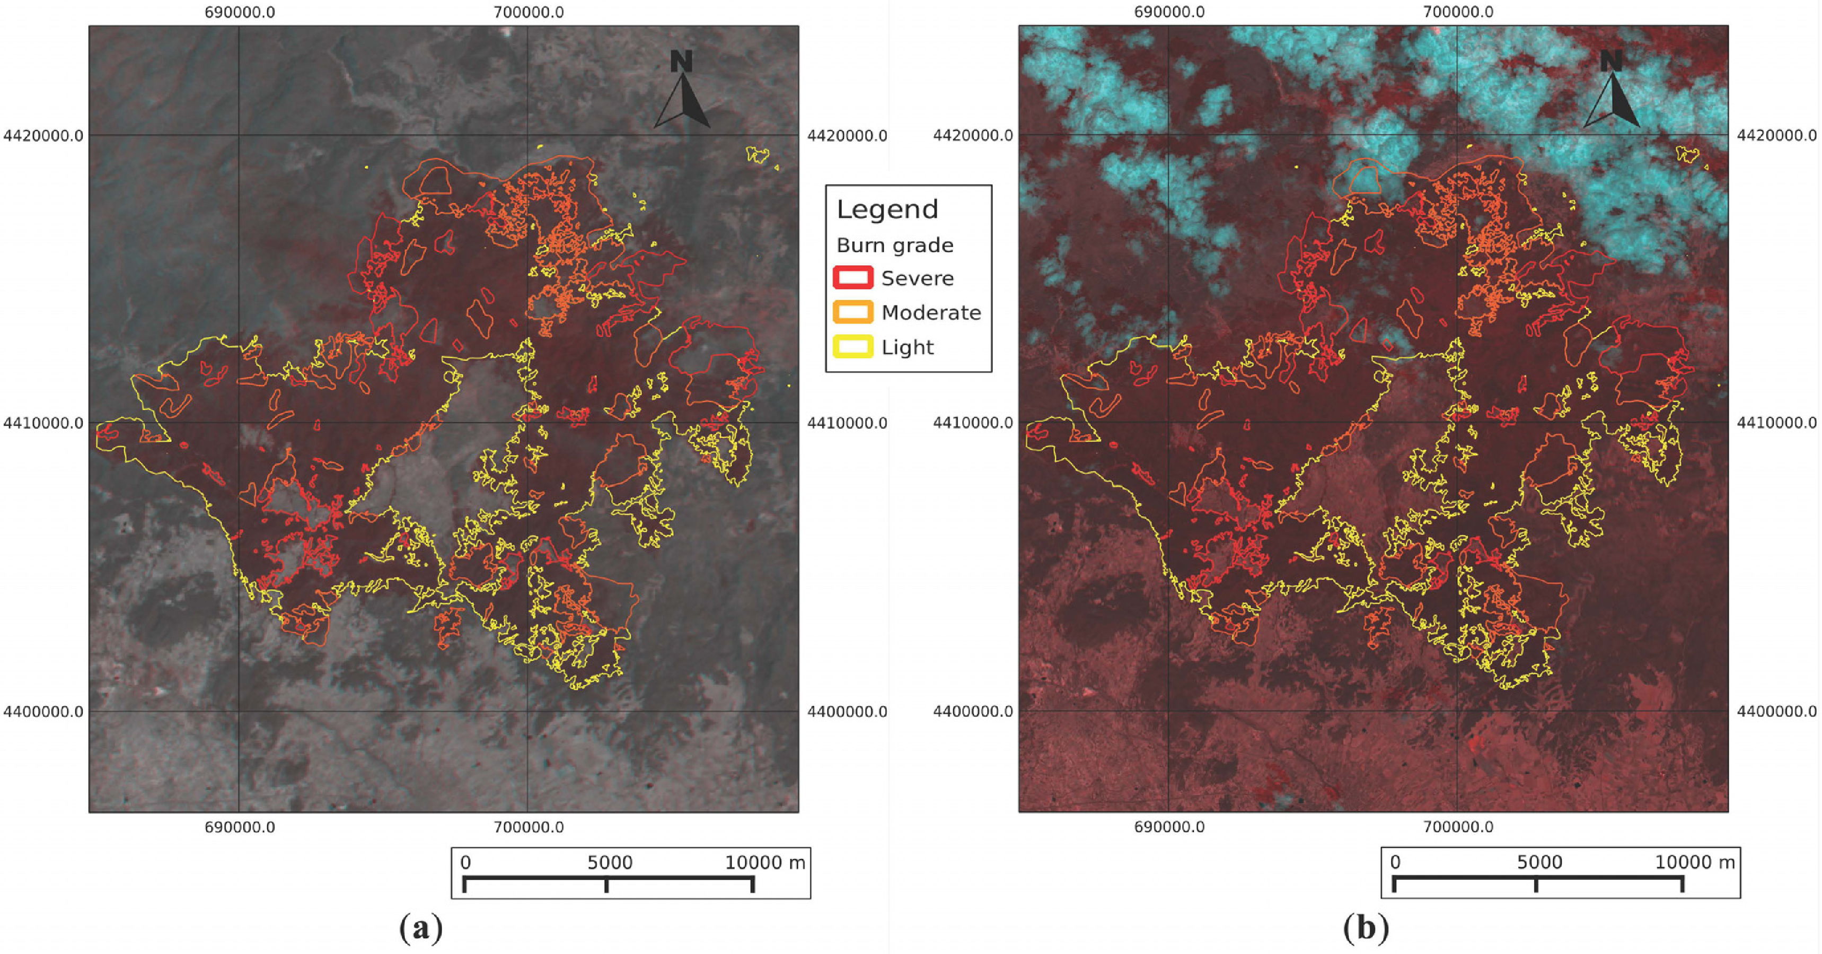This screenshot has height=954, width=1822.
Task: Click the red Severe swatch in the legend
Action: pos(853,277)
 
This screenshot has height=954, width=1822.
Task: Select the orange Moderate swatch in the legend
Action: pos(853,312)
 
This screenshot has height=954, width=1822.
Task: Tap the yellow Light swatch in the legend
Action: pos(853,347)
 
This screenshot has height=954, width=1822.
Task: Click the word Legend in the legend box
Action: pos(887,209)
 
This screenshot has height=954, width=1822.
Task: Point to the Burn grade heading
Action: pos(895,245)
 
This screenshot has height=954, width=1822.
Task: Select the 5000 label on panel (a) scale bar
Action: pos(610,862)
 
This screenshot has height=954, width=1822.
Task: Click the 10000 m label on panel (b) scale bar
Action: pos(1695,862)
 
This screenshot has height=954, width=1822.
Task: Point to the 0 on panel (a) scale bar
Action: pos(465,862)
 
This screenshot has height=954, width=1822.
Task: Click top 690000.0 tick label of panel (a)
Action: pos(240,12)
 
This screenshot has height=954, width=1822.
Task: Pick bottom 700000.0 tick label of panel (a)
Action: pos(529,827)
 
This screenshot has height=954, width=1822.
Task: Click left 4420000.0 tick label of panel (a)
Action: pos(43,135)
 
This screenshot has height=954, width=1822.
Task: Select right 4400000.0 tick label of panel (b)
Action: pos(1777,711)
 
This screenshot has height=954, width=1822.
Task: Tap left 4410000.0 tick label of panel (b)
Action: pos(973,423)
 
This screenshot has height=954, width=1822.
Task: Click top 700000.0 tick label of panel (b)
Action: pos(1458,12)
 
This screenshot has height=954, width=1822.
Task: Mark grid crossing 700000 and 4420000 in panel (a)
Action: pos(527,135)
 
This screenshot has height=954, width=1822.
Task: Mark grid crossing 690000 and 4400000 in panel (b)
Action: pos(1168,711)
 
